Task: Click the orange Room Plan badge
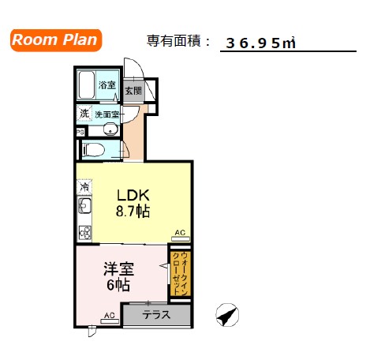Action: coord(55,40)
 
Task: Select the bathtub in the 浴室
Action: coord(88,84)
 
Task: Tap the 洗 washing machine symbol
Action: coord(84,114)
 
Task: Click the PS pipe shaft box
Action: coord(80,132)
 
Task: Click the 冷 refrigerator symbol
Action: coord(83,188)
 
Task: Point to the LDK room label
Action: coord(133,195)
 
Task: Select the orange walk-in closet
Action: coord(181,274)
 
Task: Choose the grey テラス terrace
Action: coord(156,314)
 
